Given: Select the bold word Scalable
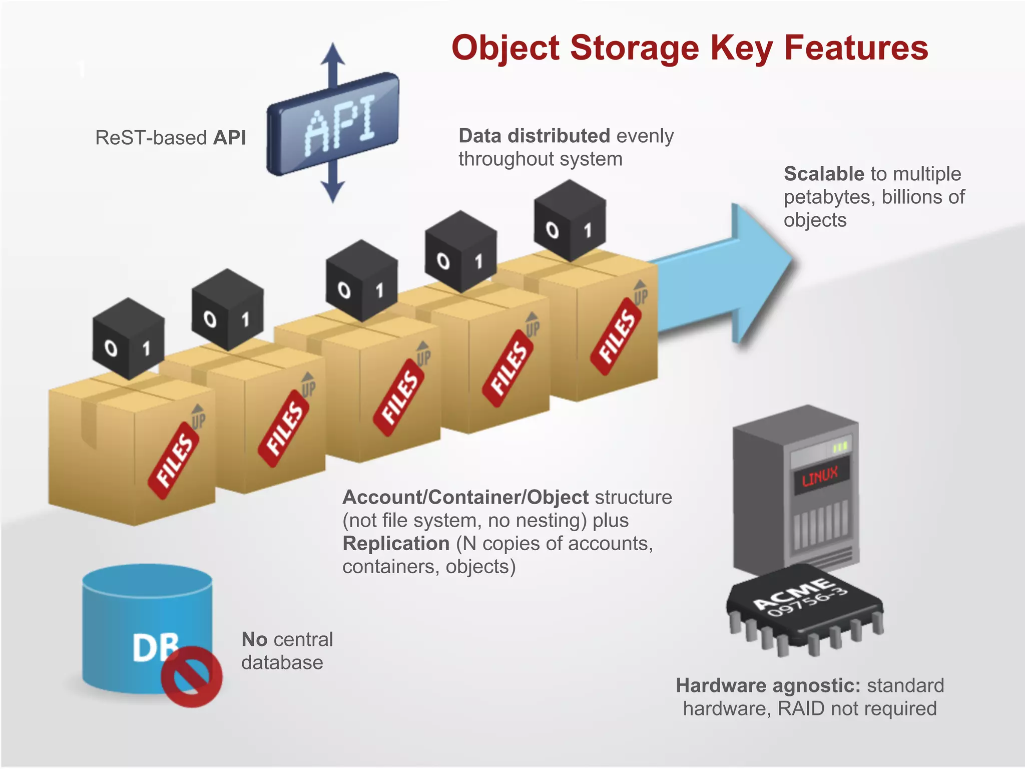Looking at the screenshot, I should pyautogui.click(x=823, y=174).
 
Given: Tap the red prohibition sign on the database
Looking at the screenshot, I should pyautogui.click(x=192, y=676).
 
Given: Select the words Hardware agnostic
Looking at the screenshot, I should pyautogui.click(x=768, y=685).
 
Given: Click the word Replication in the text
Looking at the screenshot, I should pyautogui.click(x=396, y=543).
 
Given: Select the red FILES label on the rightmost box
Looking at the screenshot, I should pyautogui.click(x=616, y=335).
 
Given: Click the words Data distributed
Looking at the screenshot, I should pyautogui.click(x=534, y=136).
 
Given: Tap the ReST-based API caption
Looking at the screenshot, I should pyautogui.click(x=171, y=137).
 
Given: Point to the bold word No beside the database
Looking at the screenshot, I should pyautogui.click(x=254, y=639).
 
